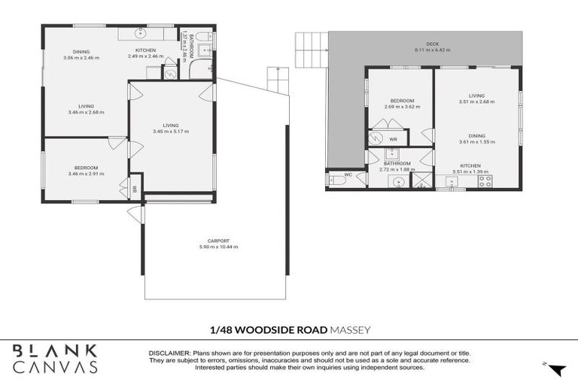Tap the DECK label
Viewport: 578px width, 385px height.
(x=432, y=44)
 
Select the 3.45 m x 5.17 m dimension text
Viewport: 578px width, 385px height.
(x=171, y=132)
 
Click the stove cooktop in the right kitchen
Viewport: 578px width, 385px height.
(x=487, y=180)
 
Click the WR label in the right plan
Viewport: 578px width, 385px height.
(x=393, y=139)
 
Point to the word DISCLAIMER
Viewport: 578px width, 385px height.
(x=169, y=353)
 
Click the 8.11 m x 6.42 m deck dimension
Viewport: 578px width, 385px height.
(x=432, y=50)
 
